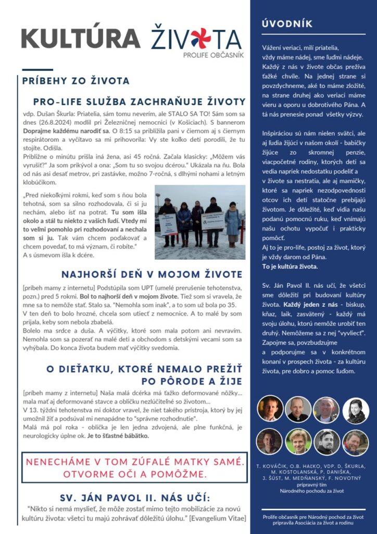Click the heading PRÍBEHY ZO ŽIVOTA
pos(76,81)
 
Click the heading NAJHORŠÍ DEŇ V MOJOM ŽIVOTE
pos(152,274)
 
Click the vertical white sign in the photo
pos(168,224)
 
